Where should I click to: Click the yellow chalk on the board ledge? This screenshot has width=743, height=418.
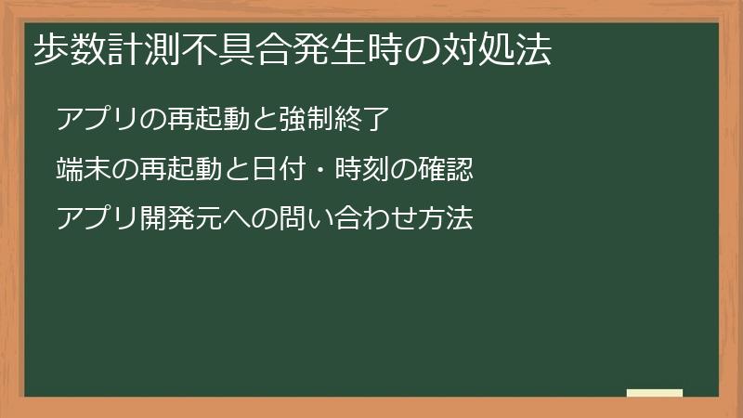654,393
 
